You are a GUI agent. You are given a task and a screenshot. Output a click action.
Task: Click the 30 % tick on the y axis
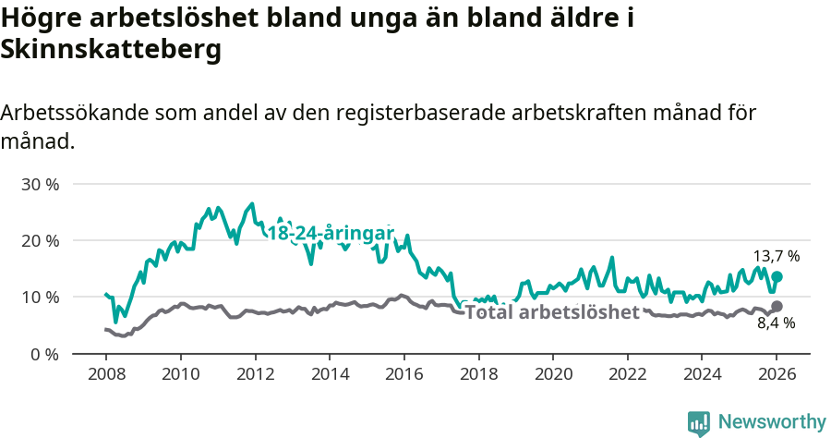coord(39,184)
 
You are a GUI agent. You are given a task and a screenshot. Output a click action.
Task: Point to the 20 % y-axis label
coord(39,240)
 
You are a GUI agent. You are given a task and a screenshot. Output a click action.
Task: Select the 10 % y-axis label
coord(39,297)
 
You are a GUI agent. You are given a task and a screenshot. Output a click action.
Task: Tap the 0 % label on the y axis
coord(43,354)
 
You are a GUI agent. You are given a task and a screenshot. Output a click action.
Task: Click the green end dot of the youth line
coord(777,276)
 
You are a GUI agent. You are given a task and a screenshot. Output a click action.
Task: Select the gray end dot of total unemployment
coord(777,306)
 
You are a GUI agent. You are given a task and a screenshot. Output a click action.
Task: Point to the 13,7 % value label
coord(777,256)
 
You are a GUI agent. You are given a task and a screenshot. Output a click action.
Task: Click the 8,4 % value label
coord(777,324)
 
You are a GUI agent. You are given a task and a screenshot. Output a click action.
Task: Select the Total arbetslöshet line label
coord(552,312)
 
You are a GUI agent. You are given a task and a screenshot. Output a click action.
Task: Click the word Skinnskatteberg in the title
coord(112,51)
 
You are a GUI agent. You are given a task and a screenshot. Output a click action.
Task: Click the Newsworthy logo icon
coord(699,422)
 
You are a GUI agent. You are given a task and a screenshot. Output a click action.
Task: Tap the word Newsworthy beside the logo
coord(772,422)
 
